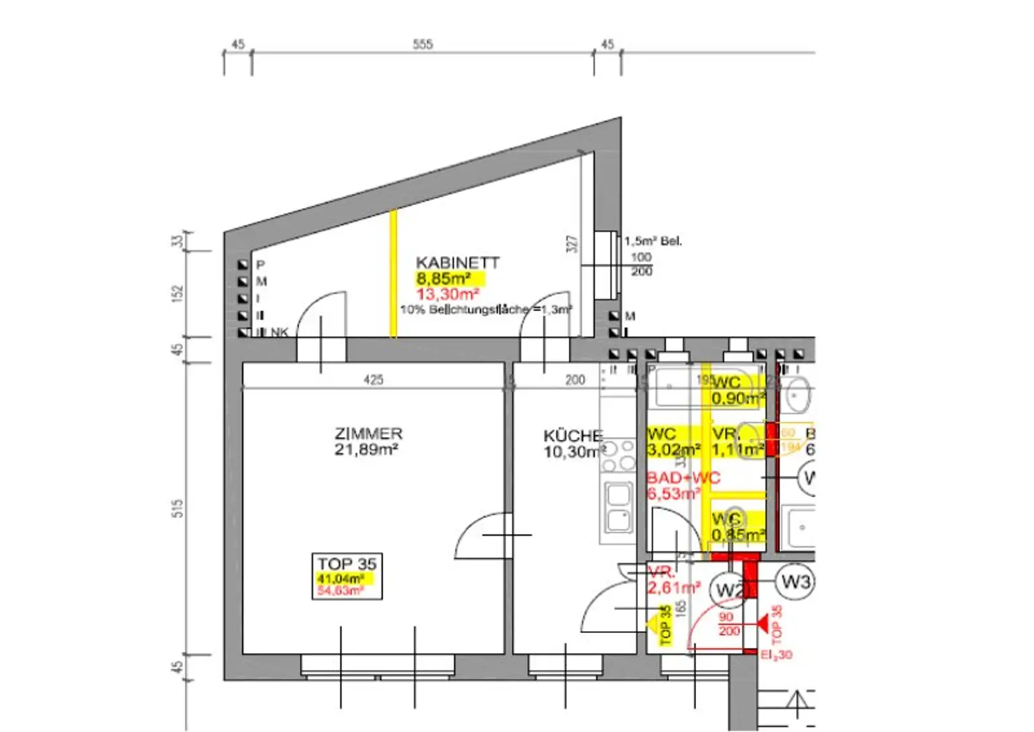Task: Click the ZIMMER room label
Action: (x=368, y=434)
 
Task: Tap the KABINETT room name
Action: (x=458, y=263)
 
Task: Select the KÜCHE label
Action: (x=573, y=436)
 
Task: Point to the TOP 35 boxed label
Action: (x=347, y=564)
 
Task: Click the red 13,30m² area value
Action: (x=447, y=294)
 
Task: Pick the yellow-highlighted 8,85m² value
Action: (x=443, y=279)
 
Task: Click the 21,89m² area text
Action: (x=366, y=450)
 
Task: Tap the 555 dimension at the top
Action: (x=423, y=44)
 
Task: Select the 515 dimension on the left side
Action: (x=178, y=508)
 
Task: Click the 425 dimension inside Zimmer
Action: (x=374, y=380)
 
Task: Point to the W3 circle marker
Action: (x=795, y=581)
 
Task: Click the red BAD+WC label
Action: (x=683, y=478)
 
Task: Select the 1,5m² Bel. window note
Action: (x=652, y=241)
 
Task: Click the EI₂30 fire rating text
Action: (x=776, y=655)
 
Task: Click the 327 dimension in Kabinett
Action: (x=572, y=244)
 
